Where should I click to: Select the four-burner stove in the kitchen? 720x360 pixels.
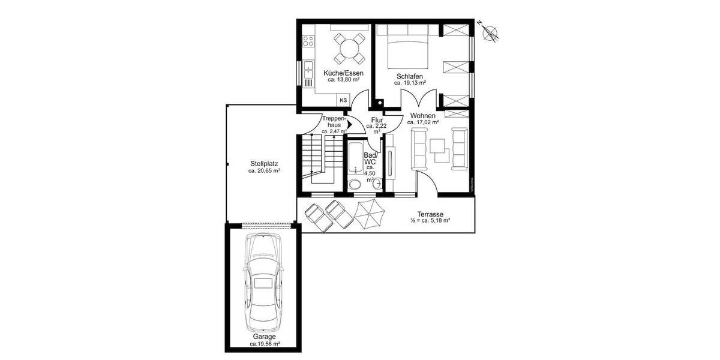309,41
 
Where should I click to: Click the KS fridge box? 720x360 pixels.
343,100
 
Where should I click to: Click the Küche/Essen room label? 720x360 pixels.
343,73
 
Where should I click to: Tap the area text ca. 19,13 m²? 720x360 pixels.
410,84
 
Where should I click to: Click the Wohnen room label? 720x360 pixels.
423,115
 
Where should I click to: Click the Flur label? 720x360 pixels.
377,120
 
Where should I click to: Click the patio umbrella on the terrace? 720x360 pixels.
369,214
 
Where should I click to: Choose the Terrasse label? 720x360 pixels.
430,214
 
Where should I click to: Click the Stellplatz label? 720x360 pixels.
264,163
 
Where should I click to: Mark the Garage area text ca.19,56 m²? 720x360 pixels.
264,344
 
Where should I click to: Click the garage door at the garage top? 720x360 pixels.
263,224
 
